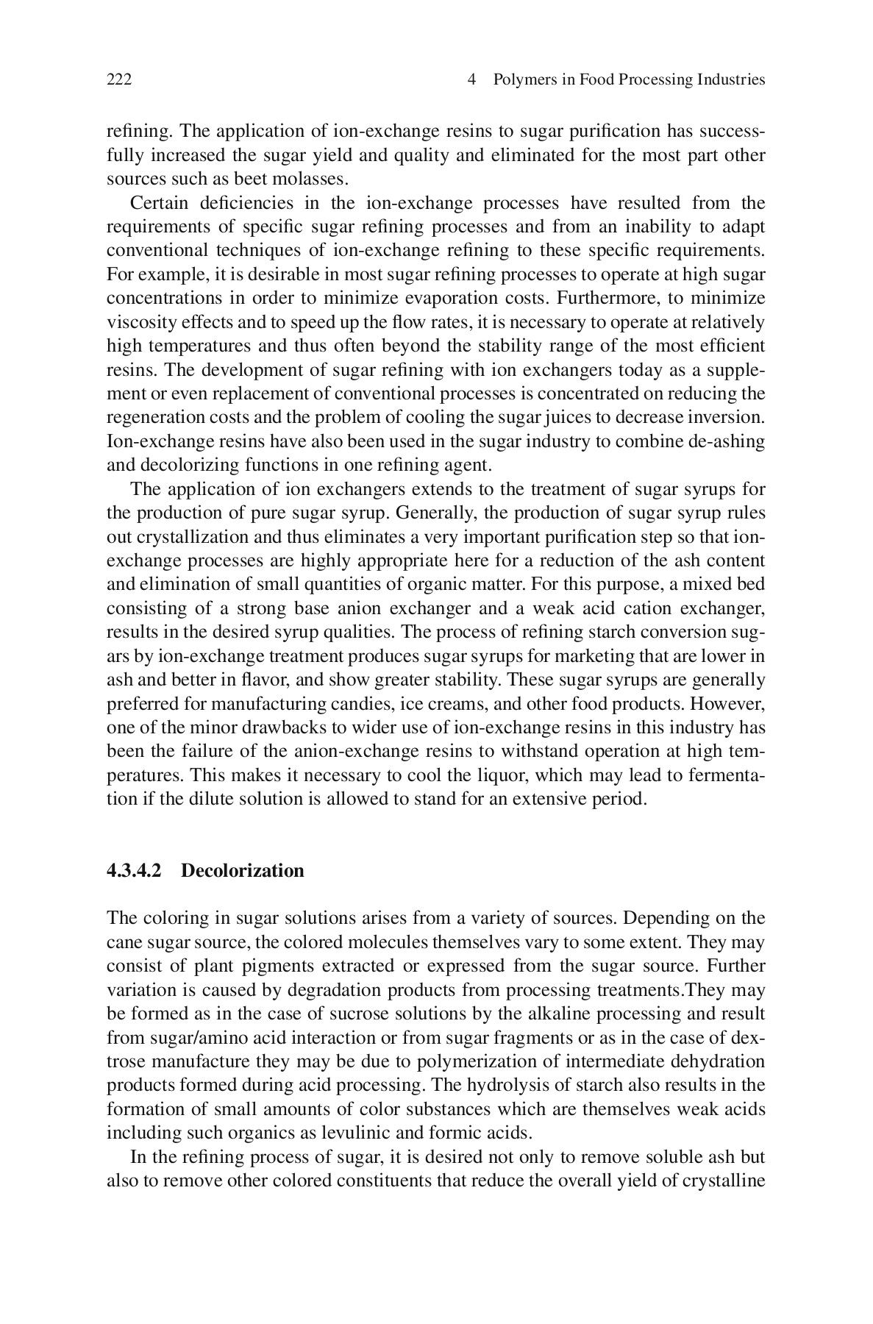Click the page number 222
[x=119, y=79]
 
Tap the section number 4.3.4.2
[x=133, y=871]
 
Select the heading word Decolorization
[x=242, y=871]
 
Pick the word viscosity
[x=135, y=323]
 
